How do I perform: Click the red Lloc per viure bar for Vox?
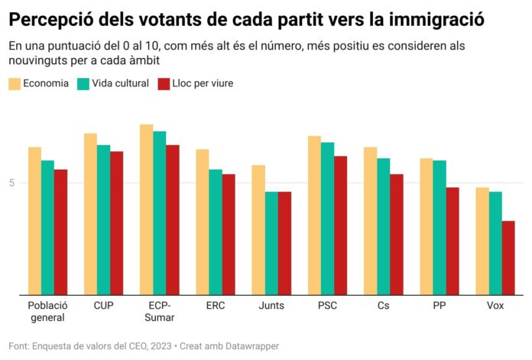click(x=508, y=258)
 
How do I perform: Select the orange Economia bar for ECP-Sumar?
click(x=147, y=209)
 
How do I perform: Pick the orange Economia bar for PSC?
click(x=314, y=215)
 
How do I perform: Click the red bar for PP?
click(x=452, y=241)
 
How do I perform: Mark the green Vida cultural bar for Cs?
click(x=383, y=226)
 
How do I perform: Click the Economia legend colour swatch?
click(x=15, y=83)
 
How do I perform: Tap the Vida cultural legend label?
click(x=120, y=83)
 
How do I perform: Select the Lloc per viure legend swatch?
click(x=163, y=83)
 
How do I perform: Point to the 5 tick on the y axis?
click(x=12, y=183)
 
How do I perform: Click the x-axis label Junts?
click(x=271, y=305)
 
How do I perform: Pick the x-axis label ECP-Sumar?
click(x=160, y=311)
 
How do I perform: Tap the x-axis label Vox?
click(x=495, y=305)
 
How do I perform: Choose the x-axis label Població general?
click(x=47, y=311)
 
